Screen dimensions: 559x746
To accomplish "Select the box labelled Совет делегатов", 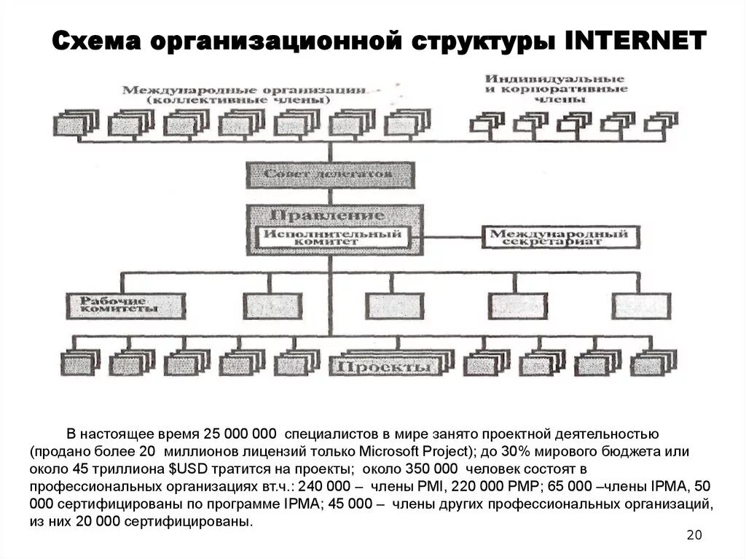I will coord(329,174).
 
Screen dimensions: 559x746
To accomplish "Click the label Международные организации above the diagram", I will coord(243,90).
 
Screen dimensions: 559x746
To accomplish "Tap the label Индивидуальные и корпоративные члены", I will coord(556,87).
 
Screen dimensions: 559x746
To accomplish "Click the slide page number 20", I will coord(694,536).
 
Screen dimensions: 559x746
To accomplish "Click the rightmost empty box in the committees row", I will coord(640,305).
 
